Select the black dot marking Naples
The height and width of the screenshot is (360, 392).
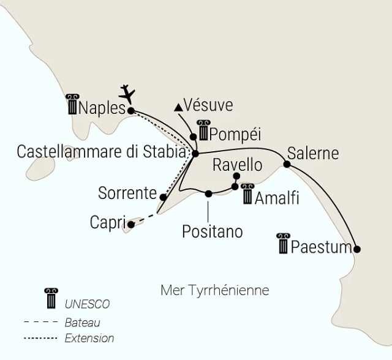[x=130, y=111]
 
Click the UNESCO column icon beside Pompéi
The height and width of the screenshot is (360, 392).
[x=203, y=130]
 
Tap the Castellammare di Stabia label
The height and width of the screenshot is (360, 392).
[x=102, y=151]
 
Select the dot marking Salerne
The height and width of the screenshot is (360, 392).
[x=287, y=163]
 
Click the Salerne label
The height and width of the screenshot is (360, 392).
[x=312, y=152]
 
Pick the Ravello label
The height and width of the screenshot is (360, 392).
[x=237, y=165]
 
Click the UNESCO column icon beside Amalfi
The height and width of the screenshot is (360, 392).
[x=247, y=194]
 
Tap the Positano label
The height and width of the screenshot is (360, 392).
[x=213, y=231]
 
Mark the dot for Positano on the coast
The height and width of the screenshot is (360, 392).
[x=208, y=193]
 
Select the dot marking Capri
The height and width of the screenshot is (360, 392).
[x=131, y=225]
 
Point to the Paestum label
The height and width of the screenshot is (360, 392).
[x=322, y=248]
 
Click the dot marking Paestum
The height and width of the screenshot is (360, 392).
[x=357, y=249]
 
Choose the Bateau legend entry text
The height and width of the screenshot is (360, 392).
[x=81, y=322]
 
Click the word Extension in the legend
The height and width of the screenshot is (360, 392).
[x=89, y=337]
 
